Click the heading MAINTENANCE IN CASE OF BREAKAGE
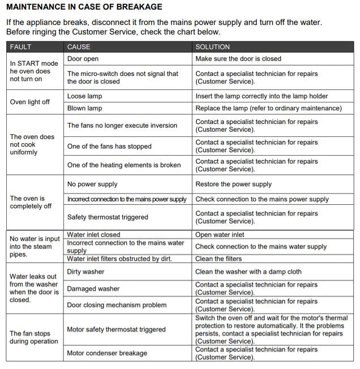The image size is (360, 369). [84, 7]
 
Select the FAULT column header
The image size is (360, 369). [21, 46]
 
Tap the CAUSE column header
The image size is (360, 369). [79, 46]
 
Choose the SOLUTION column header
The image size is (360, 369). [213, 46]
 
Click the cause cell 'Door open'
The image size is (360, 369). [83, 59]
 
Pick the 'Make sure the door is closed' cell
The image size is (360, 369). [238, 59]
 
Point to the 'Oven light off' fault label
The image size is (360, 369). [30, 102]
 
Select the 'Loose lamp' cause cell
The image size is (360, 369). [85, 96]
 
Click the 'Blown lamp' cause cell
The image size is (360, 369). [85, 108]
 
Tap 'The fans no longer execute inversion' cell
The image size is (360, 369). [122, 126]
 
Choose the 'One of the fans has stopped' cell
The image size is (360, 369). [109, 146]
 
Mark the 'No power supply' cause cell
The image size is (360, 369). [92, 184]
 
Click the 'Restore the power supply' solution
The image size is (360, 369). [233, 184]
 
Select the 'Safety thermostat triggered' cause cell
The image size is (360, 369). [108, 217]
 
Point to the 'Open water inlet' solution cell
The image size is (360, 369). [220, 235]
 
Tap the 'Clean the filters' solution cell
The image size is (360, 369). [218, 259]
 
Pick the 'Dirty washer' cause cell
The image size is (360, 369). [86, 272]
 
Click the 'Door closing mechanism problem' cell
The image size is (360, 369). [117, 305]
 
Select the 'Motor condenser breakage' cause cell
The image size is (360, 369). [107, 353]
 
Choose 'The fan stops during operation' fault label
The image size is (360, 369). [34, 337]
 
